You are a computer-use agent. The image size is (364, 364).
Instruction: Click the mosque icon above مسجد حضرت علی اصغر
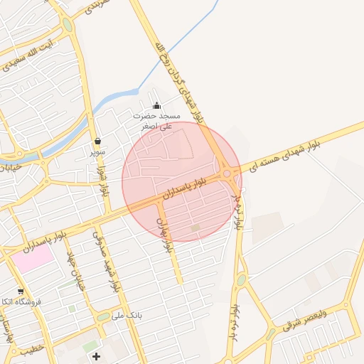click(156, 105)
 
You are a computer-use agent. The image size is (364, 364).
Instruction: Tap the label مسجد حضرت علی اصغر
click(156, 120)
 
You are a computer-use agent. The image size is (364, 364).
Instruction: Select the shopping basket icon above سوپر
click(97, 140)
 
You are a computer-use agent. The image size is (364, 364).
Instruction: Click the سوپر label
click(97, 151)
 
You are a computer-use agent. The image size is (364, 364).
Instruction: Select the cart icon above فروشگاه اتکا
click(21, 291)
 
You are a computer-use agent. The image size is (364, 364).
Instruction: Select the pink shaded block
click(32, 257)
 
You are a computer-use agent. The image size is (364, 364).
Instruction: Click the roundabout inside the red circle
click(227, 173)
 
